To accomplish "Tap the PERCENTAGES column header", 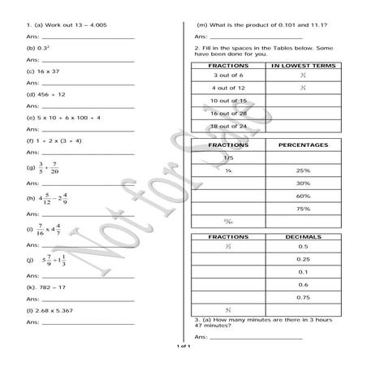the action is click(302, 145).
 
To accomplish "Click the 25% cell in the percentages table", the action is click(302, 171).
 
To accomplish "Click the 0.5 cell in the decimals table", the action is click(302, 247).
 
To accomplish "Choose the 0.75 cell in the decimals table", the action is click(302, 297).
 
